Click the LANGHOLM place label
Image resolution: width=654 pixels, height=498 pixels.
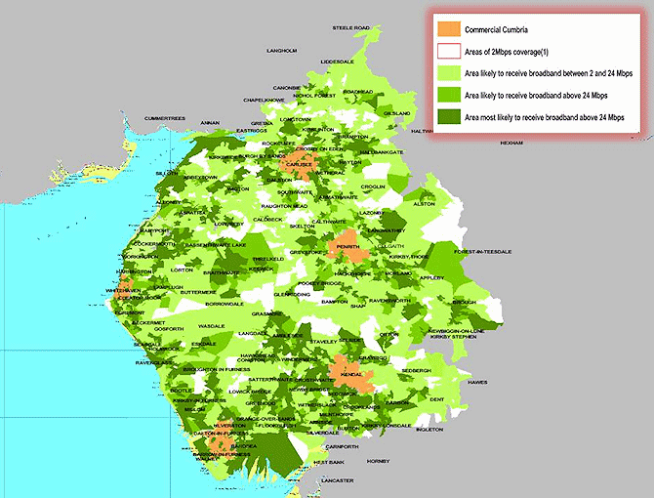coord(281,50)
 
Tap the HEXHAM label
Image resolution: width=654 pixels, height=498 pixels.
coord(511,143)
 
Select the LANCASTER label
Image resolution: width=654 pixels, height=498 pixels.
coord(335,481)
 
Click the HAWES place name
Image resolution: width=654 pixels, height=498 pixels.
coord(476,382)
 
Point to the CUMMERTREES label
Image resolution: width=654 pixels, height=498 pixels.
coord(164,118)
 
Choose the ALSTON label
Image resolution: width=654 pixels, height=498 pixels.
coord(424,204)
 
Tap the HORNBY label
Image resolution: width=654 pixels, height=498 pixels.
coord(378,460)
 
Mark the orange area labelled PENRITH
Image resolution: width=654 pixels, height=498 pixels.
coord(347,246)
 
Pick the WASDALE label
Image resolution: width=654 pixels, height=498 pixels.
coord(211,325)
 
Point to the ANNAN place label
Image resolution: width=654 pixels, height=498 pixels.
coord(210,123)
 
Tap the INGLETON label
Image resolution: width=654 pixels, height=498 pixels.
coord(429,429)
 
